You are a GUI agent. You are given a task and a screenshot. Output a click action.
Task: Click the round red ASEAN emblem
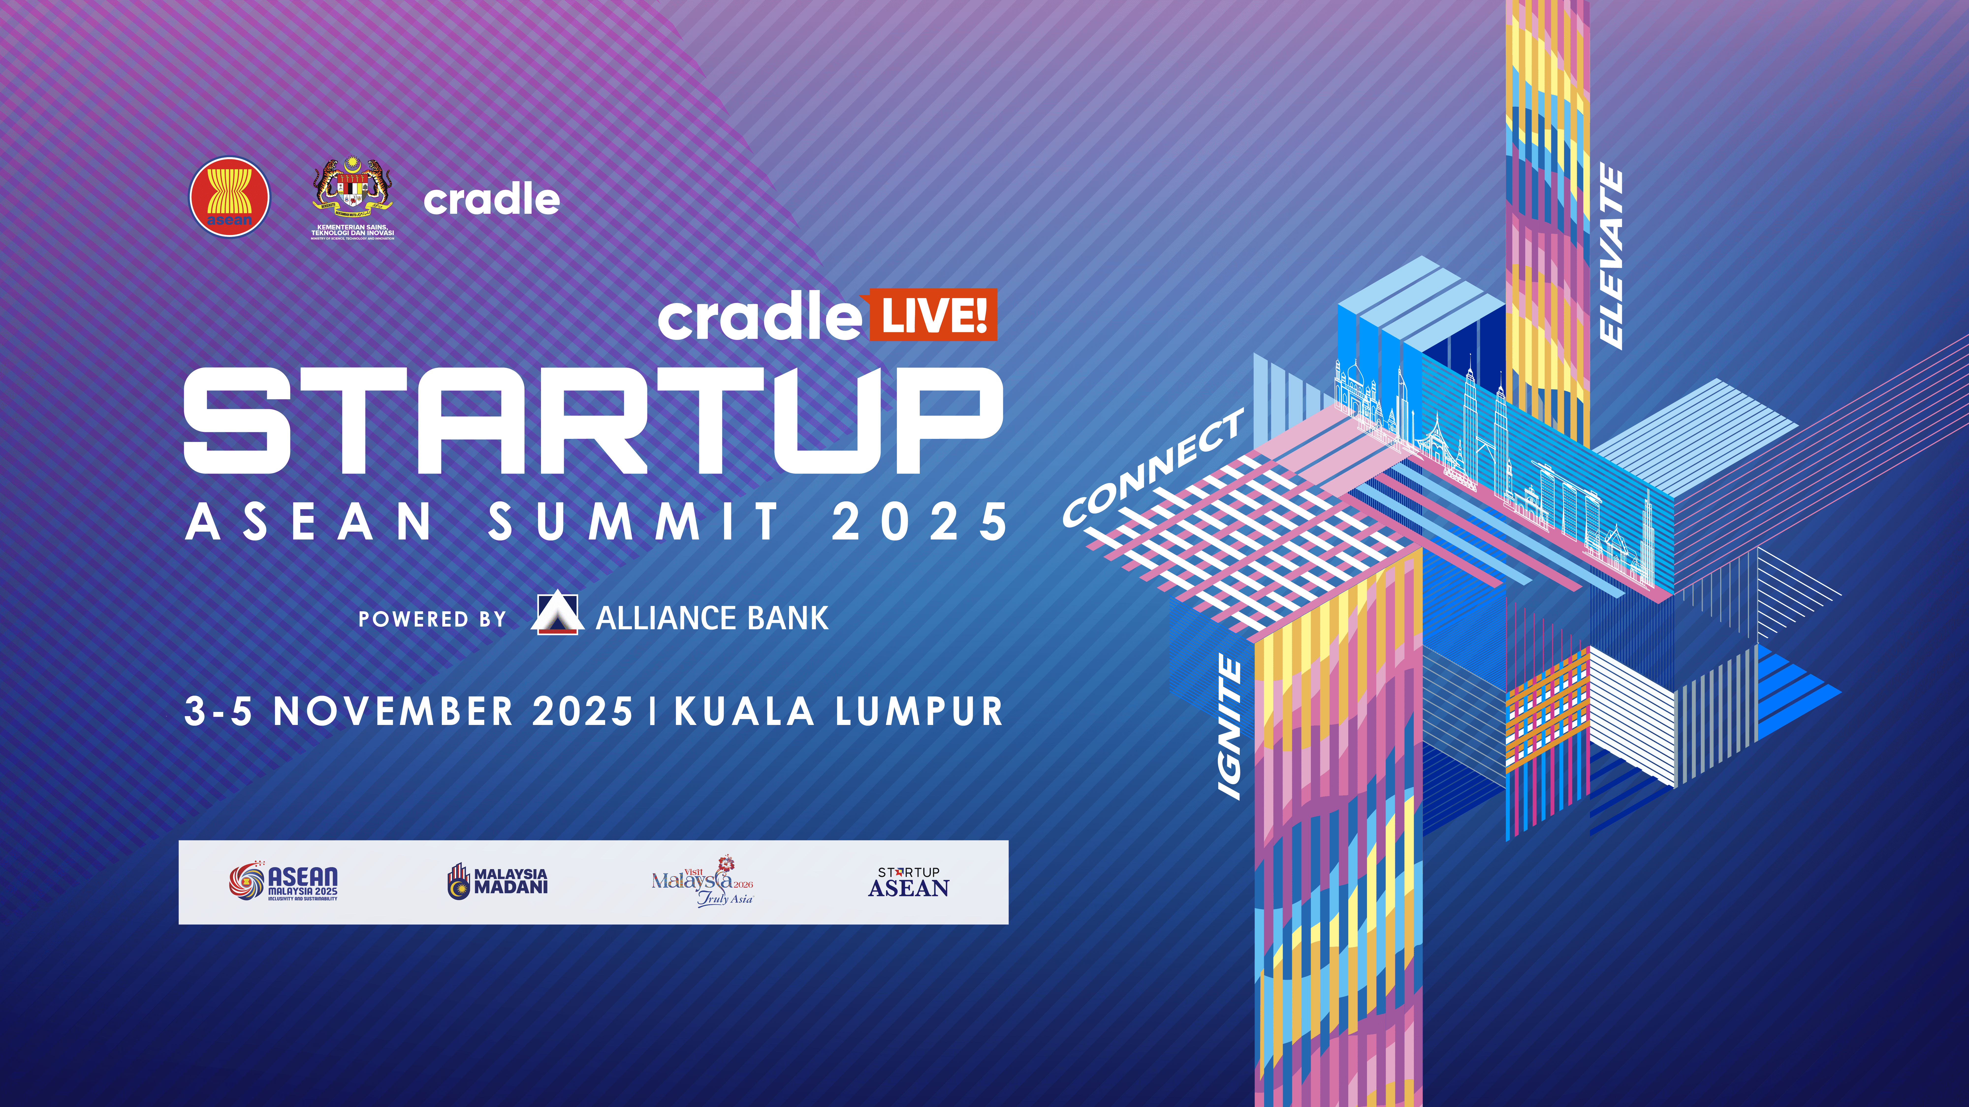coord(229,197)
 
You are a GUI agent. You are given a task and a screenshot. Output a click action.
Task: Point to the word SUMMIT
coord(633,523)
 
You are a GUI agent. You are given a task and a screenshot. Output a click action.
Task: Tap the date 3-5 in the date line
coord(219,711)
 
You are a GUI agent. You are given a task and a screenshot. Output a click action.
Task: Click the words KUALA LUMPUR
coord(839,711)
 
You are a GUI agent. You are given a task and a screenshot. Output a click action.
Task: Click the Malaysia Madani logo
coord(498,881)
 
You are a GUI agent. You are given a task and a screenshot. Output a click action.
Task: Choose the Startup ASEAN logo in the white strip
coord(909,882)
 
